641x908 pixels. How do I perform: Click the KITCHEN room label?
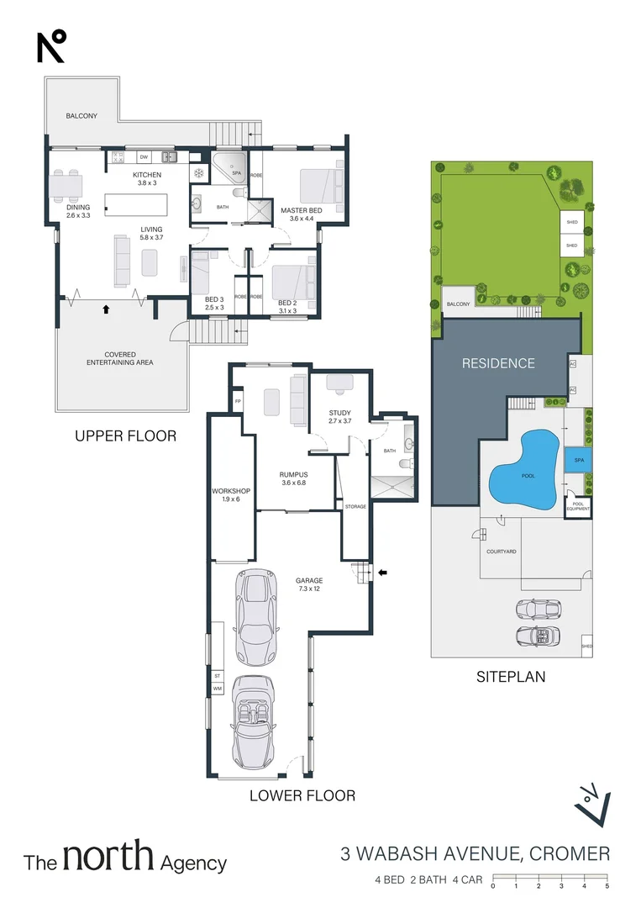click(148, 175)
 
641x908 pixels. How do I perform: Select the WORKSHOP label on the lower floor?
click(226, 490)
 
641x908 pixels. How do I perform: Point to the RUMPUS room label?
click(294, 475)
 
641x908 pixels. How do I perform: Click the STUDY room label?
click(339, 412)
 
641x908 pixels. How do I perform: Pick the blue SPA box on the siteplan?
click(579, 461)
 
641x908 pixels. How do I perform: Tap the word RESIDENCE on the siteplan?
click(497, 363)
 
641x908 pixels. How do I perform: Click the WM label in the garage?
click(217, 687)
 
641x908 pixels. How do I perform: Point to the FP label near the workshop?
click(238, 401)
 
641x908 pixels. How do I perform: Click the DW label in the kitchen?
click(144, 157)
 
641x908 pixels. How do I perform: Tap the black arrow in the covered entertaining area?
click(105, 309)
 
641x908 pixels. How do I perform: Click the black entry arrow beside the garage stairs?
click(382, 573)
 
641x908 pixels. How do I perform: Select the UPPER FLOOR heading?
click(125, 436)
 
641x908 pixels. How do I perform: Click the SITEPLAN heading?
click(511, 675)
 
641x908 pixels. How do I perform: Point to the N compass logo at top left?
click(51, 46)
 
